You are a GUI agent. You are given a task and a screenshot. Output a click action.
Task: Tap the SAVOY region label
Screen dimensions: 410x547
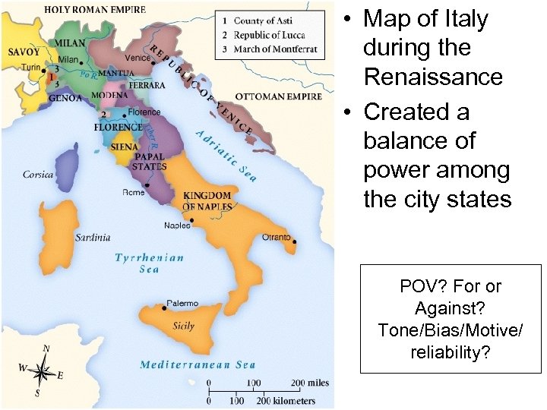[x=24, y=52]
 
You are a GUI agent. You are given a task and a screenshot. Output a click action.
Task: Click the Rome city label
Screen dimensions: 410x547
[x=133, y=192]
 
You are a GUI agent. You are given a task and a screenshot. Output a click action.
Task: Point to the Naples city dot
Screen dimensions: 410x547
[x=192, y=220]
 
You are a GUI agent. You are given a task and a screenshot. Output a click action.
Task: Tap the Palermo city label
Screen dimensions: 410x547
[x=182, y=303]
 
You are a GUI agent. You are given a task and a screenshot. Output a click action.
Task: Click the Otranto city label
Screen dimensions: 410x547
[x=276, y=237]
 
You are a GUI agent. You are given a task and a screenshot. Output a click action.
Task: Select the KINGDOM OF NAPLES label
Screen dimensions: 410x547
[x=207, y=201]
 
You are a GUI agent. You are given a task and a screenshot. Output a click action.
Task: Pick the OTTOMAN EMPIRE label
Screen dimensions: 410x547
[x=278, y=96]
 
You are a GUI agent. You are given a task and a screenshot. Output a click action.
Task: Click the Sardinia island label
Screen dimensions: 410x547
[x=93, y=237]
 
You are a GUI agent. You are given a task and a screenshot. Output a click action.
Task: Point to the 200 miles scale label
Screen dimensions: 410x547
[x=312, y=383]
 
